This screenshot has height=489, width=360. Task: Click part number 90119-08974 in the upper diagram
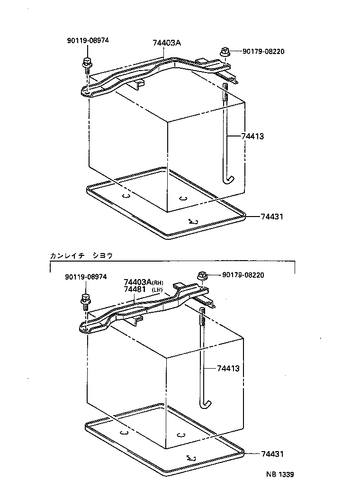click(88, 41)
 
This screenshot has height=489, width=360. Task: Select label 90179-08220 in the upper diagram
click(263, 52)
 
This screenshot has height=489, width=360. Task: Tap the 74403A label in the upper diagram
click(167, 43)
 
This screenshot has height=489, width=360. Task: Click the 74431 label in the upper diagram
click(272, 217)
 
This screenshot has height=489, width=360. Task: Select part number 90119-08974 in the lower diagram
click(86, 278)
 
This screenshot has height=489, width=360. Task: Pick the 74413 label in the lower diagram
click(228, 368)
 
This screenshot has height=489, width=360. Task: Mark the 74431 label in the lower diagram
click(272, 454)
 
